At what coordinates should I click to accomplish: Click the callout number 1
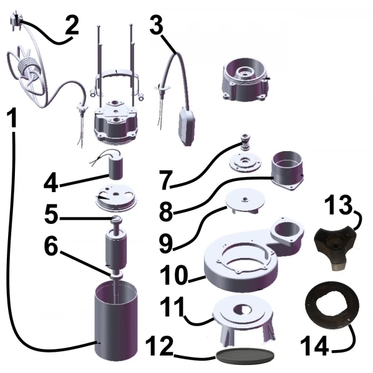coord(11,117)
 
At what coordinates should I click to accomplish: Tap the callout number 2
coord(71,25)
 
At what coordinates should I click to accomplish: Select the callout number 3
coord(156,24)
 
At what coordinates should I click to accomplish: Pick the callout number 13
coord(338,204)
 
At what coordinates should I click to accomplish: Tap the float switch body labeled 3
coord(186,126)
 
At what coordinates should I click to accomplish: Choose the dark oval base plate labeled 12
coord(245,356)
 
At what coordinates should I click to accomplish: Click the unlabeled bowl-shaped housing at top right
coord(246,80)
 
